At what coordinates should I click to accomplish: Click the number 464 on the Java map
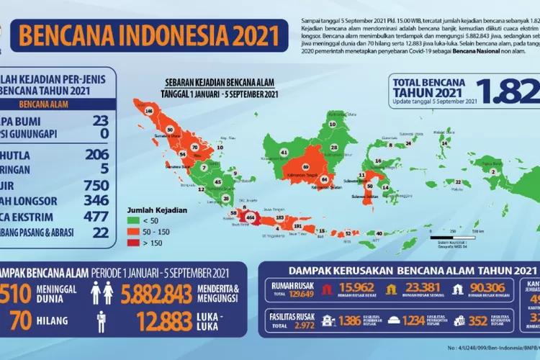(250, 216)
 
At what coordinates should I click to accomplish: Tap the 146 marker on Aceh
(149, 112)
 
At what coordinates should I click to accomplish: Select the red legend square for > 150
(133, 244)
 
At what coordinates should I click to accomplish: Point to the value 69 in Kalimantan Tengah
(305, 167)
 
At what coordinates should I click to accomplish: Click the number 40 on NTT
(379, 233)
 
